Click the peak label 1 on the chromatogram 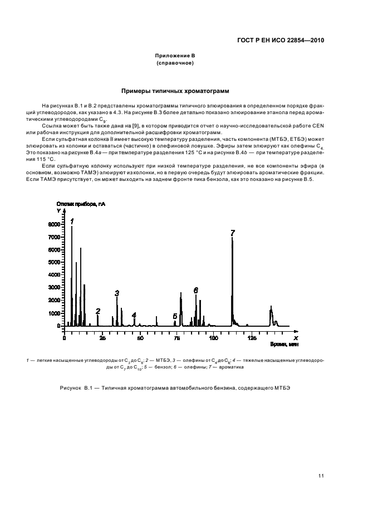pyautogui.click(x=72, y=221)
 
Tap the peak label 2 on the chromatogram pyautogui.click(x=98, y=311)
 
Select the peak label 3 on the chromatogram pyautogui.click(x=117, y=293)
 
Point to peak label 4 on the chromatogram pyautogui.click(x=134, y=315)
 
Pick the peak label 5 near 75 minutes pyautogui.click(x=175, y=316)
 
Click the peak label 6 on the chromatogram pyautogui.click(x=195, y=291)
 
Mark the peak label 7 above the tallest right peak pyautogui.click(x=233, y=233)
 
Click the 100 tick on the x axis pyautogui.click(x=214, y=338)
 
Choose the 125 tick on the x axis pyautogui.click(x=252, y=338)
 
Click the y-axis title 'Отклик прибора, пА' pyautogui.click(x=81, y=205)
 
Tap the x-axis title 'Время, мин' pyautogui.click(x=284, y=345)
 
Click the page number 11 pyautogui.click(x=321, y=475)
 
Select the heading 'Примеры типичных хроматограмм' pyautogui.click(x=175, y=91)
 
